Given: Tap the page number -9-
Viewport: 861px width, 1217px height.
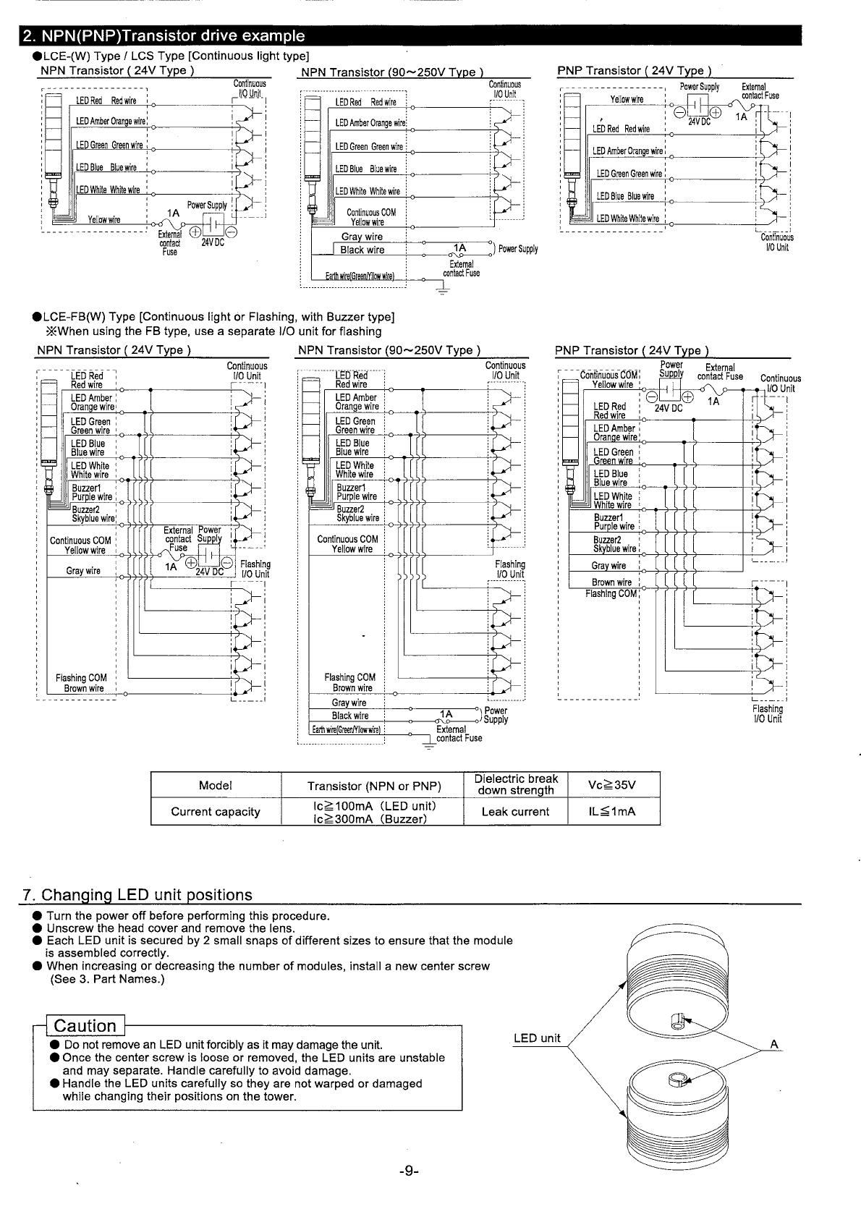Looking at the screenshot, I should click(x=408, y=1171).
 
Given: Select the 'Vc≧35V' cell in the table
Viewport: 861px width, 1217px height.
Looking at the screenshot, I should click(x=612, y=785).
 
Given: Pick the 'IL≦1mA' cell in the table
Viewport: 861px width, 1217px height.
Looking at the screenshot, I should click(x=612, y=812).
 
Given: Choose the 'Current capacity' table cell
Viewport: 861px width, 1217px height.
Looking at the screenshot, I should click(x=215, y=812).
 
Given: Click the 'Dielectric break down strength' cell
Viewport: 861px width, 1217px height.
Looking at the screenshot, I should click(x=515, y=784).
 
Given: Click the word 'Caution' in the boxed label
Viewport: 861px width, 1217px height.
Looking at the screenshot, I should click(x=85, y=1026).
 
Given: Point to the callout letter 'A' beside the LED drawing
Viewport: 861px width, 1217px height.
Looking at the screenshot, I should click(x=773, y=1044).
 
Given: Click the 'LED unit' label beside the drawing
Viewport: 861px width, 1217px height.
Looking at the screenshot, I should click(x=537, y=1038).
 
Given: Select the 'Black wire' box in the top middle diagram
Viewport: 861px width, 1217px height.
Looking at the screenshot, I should click(x=362, y=250).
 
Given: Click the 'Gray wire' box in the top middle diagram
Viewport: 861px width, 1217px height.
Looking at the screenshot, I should click(x=362, y=237).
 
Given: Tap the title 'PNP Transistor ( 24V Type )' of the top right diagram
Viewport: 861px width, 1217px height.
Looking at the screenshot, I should click(x=634, y=70).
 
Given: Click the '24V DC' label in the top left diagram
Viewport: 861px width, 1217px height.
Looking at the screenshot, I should click(x=213, y=242).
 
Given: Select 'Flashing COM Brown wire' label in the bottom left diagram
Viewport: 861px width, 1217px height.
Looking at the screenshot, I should click(x=81, y=683).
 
